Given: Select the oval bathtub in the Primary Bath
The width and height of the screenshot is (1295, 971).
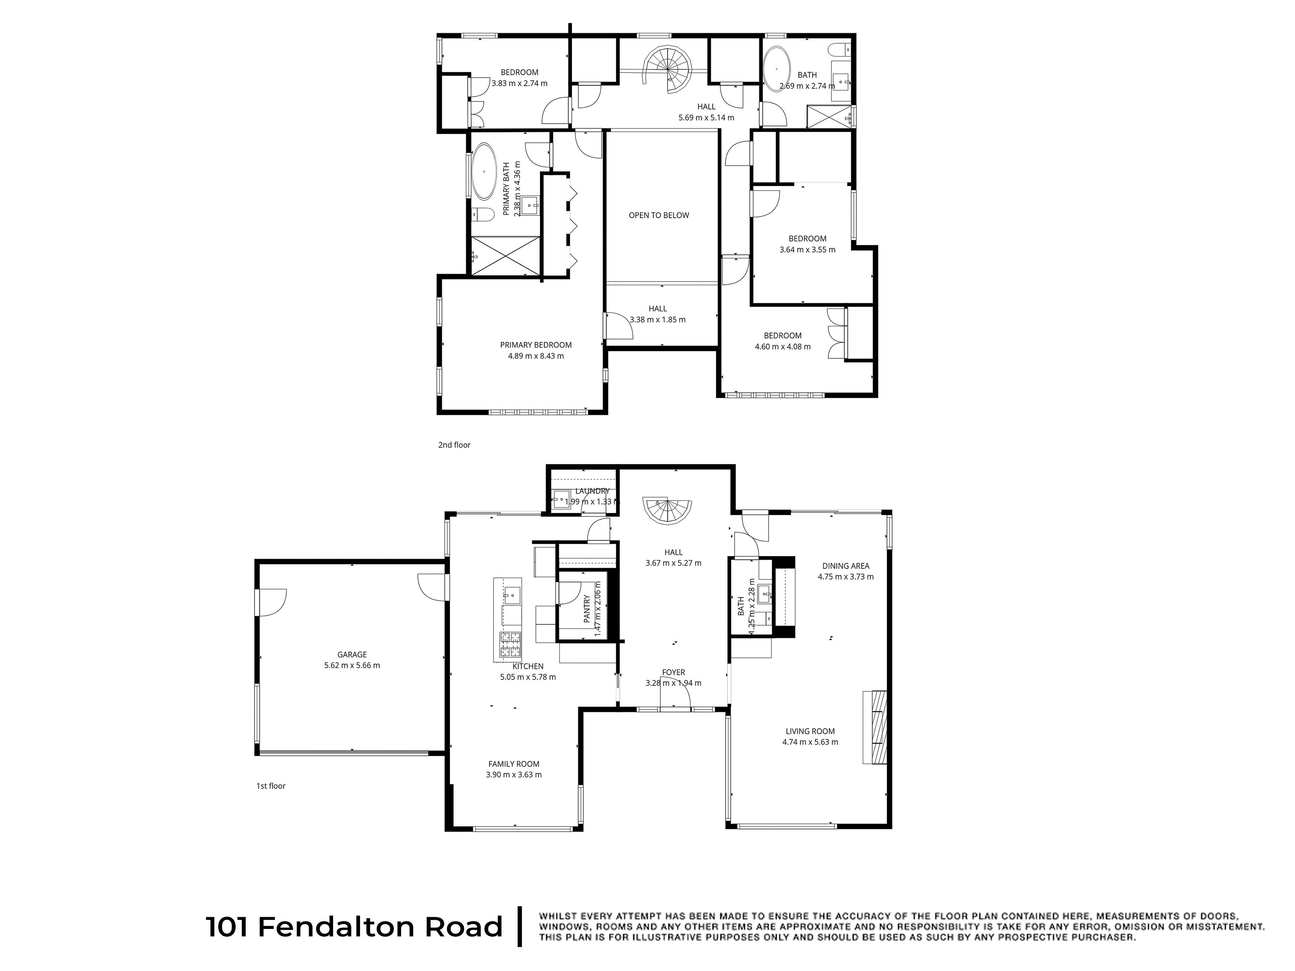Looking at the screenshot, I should pyautogui.click(x=484, y=172).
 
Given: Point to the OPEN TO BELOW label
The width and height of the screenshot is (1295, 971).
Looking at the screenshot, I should pyautogui.click(x=659, y=215).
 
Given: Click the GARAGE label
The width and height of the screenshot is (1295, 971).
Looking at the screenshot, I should pyautogui.click(x=352, y=655).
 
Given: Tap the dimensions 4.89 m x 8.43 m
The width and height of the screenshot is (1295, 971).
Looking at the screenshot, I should pyautogui.click(x=536, y=356).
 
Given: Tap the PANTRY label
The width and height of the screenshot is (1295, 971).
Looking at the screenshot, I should pyautogui.click(x=587, y=608).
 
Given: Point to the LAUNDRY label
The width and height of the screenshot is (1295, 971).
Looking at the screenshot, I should pyautogui.click(x=592, y=491).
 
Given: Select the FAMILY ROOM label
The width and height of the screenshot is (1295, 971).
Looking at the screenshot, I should pyautogui.click(x=513, y=764).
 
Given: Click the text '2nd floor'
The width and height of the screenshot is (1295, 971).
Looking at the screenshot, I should pyautogui.click(x=454, y=445).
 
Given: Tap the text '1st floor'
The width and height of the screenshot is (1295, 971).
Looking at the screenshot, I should pyautogui.click(x=271, y=786).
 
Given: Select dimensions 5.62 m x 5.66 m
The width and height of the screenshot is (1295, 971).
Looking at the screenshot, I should pyautogui.click(x=352, y=665).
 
